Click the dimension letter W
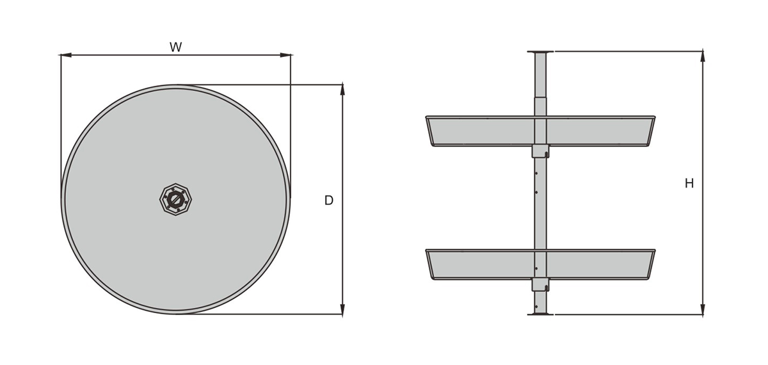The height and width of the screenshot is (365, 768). tap(175, 47)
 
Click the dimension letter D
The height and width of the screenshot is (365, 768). tap(329, 200)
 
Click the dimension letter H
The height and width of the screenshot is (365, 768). tap(689, 184)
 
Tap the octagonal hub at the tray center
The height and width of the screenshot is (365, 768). tap(175, 199)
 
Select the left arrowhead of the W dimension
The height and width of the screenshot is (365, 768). tap(66, 55)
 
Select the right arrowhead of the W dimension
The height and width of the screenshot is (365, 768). tap(285, 55)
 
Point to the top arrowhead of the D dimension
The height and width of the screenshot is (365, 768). tap(342, 90)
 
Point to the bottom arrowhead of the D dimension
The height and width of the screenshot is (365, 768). tap(342, 309)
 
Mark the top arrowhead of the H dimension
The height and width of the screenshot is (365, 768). tap(703, 57)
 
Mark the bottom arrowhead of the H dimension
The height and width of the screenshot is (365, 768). tap(703, 309)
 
